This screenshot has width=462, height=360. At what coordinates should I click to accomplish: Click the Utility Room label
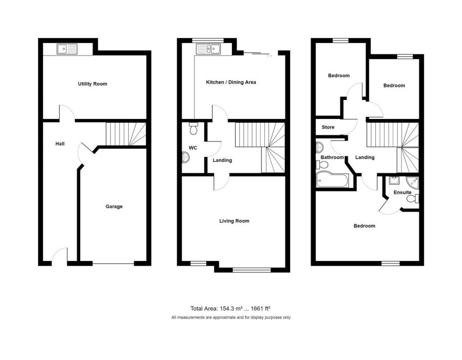click(92, 84)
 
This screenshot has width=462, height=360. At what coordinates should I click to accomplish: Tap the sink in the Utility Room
click(67, 49)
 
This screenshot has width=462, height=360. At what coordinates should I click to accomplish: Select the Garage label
click(114, 207)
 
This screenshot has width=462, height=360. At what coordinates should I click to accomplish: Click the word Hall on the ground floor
click(60, 144)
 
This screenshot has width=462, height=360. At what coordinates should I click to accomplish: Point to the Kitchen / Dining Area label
click(231, 82)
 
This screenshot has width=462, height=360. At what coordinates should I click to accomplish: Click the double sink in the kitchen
click(208, 49)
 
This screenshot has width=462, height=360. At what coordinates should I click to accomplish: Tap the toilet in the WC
click(194, 128)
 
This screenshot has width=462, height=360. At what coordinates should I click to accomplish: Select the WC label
click(193, 148)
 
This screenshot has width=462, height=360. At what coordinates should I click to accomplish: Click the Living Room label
click(234, 221)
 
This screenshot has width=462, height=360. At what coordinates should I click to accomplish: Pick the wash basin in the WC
click(186, 157)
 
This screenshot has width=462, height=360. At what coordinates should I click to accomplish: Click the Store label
click(328, 127)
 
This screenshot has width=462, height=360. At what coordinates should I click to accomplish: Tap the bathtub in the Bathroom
click(332, 179)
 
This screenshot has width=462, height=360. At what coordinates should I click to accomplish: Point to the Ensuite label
click(402, 192)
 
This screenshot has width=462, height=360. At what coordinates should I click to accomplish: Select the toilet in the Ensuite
click(413, 198)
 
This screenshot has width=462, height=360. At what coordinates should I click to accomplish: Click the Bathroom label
click(332, 157)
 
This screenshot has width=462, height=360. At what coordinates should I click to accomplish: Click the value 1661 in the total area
click(257, 309)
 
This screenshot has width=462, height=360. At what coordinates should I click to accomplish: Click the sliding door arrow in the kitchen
click(269, 55)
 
